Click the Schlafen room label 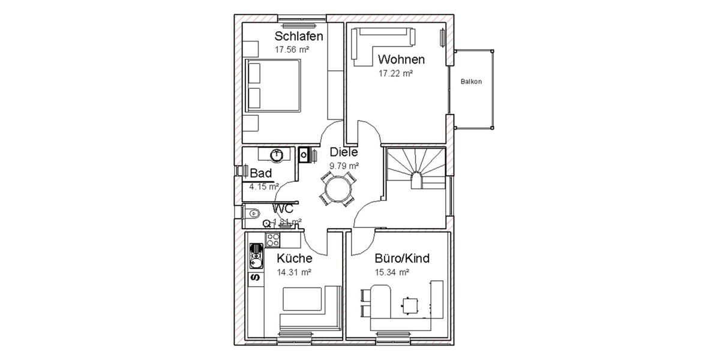point(298,37)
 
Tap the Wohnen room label point(401,59)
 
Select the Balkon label point(471,82)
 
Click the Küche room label point(293,259)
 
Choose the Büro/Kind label point(401,259)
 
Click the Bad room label point(261,173)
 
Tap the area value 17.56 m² point(292,50)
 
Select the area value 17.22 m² point(395,73)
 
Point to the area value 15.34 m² point(391,272)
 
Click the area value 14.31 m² point(293,272)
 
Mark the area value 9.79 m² point(344,166)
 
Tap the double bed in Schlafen point(273,86)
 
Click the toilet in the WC point(253,211)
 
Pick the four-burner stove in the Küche point(273,240)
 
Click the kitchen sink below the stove point(256,259)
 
